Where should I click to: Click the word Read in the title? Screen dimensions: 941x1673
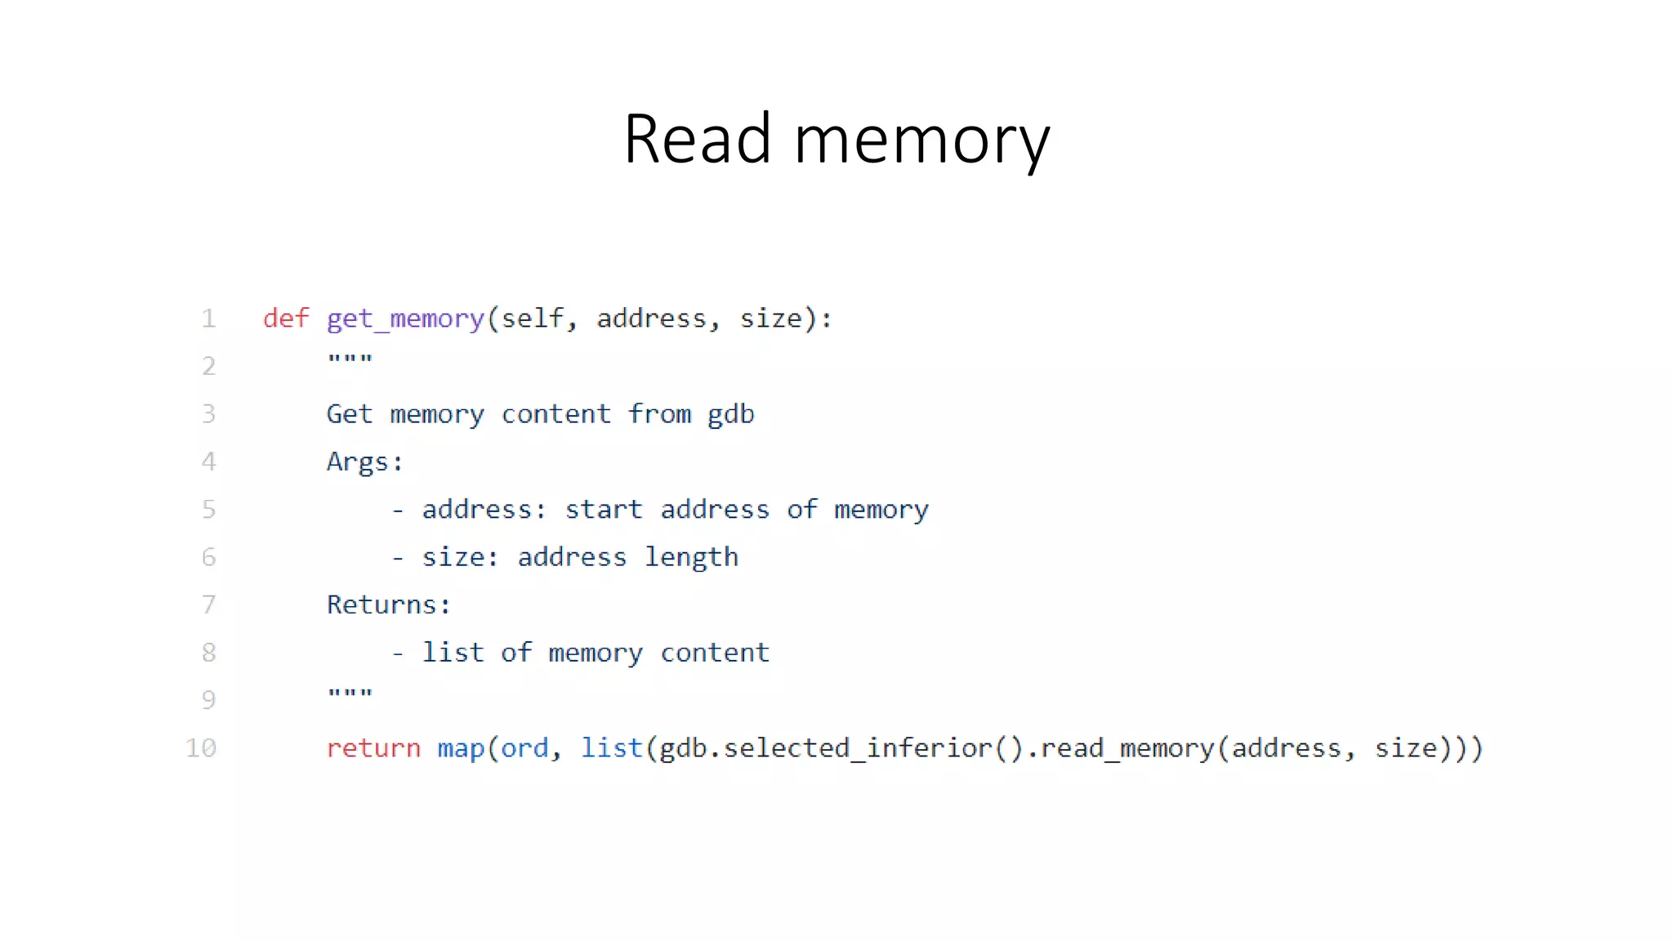697,139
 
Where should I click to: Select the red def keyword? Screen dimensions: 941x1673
286,318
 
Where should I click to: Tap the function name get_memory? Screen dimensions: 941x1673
405,319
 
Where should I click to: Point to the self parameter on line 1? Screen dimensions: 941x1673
533,318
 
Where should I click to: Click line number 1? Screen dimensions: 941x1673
209,318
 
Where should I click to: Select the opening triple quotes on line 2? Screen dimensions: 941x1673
350,359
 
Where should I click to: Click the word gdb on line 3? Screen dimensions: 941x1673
730,414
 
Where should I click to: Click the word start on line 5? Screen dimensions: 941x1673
604,510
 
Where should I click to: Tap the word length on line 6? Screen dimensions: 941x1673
691,558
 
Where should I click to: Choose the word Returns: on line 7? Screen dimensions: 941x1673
388,605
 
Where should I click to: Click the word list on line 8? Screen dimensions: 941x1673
453,653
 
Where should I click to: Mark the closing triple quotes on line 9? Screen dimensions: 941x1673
350,693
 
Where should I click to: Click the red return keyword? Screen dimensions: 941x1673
373,748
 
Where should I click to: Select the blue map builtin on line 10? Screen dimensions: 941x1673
461,749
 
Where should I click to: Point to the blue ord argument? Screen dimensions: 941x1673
524,748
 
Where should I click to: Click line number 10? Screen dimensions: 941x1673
201,748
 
